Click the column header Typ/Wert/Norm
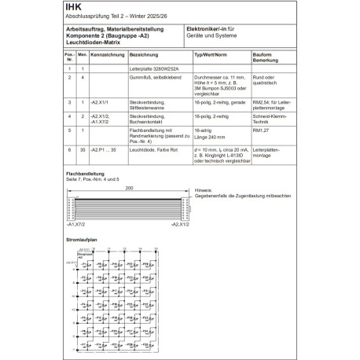tap(211, 57)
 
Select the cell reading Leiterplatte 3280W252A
tap(152, 69)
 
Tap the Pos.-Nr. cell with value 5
tap(70, 130)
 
